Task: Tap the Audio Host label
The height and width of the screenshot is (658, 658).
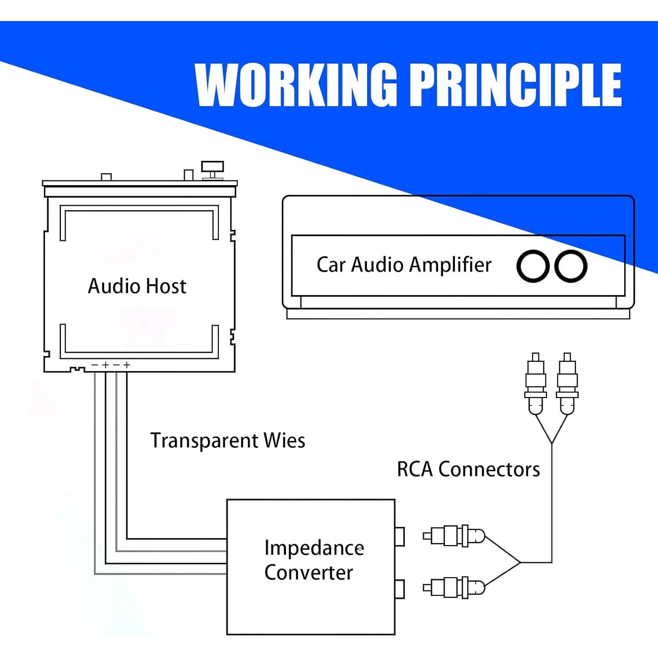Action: coord(137,286)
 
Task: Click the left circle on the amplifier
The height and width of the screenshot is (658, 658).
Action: coord(533,266)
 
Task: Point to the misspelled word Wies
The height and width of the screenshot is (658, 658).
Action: coord(284,440)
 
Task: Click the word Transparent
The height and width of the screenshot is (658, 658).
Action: coord(204,440)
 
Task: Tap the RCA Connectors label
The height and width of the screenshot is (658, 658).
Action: coord(468,469)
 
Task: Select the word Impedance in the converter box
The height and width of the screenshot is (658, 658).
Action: coord(314,548)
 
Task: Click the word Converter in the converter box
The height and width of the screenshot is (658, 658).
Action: coord(308,572)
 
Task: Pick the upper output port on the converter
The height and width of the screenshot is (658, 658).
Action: coord(399,536)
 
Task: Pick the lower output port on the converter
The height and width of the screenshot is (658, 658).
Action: coord(399,589)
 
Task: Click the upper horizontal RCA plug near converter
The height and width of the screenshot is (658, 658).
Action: coord(454,536)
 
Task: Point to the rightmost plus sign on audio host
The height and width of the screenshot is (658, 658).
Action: coord(127,365)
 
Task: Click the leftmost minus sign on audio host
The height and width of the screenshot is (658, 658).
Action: coord(95,365)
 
